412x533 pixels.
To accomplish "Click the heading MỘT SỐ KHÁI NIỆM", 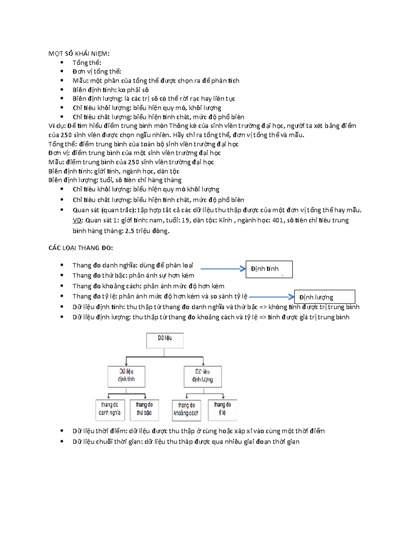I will [79, 54].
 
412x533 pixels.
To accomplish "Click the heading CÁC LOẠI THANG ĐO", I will [81, 248].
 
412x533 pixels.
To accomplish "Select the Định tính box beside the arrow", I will [269, 269].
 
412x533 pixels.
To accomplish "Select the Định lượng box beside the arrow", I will [325, 297].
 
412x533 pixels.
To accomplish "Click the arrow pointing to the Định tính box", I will [223, 269].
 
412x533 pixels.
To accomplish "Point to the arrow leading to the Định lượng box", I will [272, 297].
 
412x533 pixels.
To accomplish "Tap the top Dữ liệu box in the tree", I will [165, 340].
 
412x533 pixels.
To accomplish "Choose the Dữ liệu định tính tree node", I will [126, 376].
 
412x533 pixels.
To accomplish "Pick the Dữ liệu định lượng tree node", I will [203, 376].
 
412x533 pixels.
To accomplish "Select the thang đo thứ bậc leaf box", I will [145, 409].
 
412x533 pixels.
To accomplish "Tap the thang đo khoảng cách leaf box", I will [186, 410].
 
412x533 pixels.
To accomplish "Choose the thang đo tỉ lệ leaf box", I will [222, 409].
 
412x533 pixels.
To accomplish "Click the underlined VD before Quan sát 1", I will [77, 220].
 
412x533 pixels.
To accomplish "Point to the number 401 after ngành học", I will [278, 220].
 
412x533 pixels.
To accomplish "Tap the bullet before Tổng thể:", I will [62, 62].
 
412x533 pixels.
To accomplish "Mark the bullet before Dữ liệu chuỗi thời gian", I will [62, 441].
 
